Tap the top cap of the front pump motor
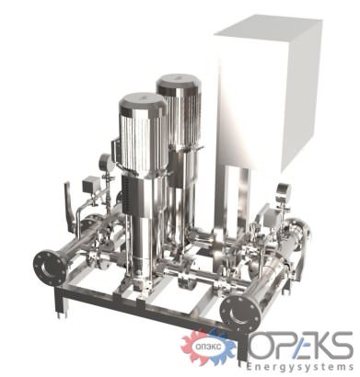144,103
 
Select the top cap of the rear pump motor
179,82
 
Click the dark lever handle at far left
69,207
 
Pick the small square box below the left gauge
89,185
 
